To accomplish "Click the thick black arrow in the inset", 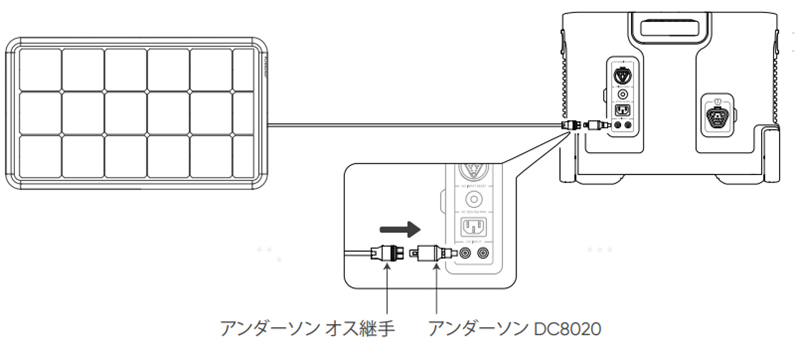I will click(x=400, y=229).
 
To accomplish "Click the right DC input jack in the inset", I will click(x=483, y=253).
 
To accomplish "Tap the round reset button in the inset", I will click(x=473, y=200).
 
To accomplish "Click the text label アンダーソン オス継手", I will click(x=307, y=329).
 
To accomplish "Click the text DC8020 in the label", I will click(x=567, y=329).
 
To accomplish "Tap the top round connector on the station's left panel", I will click(x=622, y=76).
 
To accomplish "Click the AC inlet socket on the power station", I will click(x=622, y=110).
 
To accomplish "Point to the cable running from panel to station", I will click(x=415, y=124).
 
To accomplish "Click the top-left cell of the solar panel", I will click(x=40, y=70).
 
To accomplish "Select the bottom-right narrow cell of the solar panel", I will click(x=243, y=156).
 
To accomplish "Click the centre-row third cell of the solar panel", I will click(x=126, y=113).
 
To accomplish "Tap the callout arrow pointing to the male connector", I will click(x=387, y=290).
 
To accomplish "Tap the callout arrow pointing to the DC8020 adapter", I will click(x=436, y=290).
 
